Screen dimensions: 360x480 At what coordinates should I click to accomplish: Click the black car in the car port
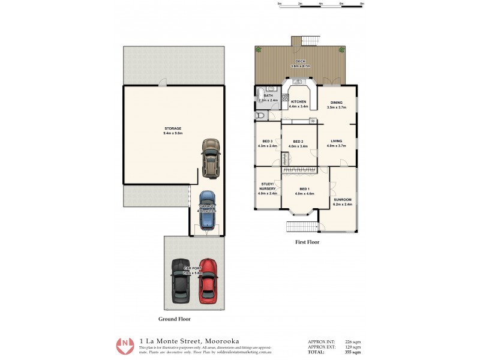coord(180,280)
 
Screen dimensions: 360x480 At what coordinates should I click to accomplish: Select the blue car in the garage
coord(207,211)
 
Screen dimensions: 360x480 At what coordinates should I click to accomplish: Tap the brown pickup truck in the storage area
coord(210,159)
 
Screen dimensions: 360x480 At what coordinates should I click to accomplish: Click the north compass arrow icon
coord(125,346)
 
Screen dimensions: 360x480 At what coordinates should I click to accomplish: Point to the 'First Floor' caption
coord(307,242)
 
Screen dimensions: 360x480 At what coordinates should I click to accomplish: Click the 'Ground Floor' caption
coord(175,319)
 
